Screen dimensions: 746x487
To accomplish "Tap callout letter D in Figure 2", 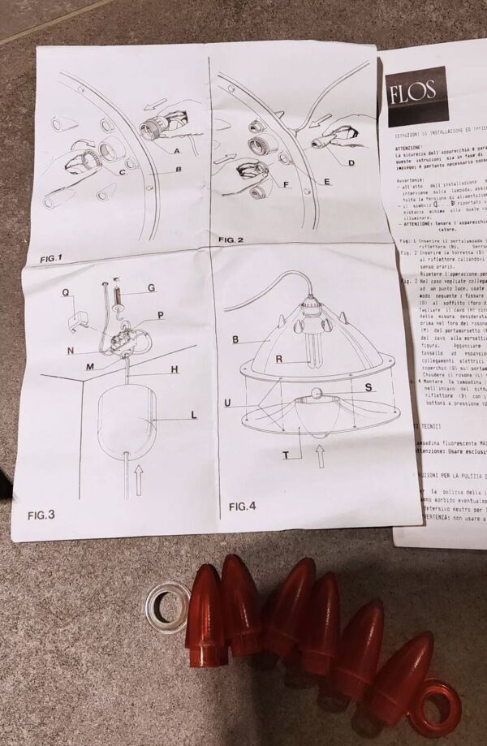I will (x=351, y=163).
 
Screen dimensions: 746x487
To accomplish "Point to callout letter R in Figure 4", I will (x=278, y=358).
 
